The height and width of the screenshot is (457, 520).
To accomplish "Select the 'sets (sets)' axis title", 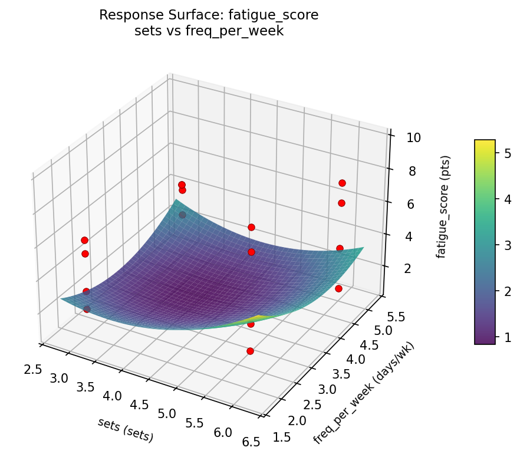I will coord(126,430).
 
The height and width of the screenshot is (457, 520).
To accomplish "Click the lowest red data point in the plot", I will coord(250,351).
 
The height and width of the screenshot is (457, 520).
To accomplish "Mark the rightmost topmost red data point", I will coord(342,183).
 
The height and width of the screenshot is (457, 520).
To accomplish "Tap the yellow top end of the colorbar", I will coord(485,142).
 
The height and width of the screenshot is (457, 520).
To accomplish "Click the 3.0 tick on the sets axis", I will coord(59,378).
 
